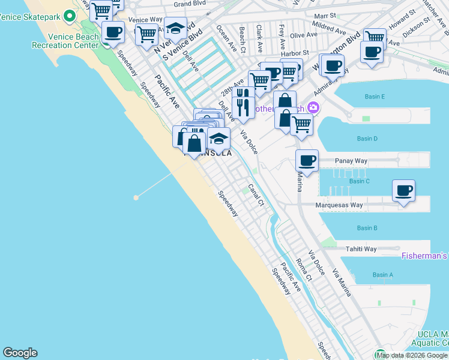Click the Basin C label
click(x=359, y=181)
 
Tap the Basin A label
click(x=382, y=275)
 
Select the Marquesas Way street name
click(x=339, y=205)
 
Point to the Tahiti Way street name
click(x=361, y=249)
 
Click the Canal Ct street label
click(x=256, y=195)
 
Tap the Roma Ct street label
click(x=304, y=270)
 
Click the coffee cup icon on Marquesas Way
click(x=403, y=191)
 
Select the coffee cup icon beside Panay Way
click(x=307, y=161)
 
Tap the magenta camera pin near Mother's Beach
click(x=313, y=107)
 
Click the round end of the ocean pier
click(x=136, y=197)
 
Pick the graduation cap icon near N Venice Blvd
click(x=175, y=28)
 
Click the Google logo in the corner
click(x=20, y=353)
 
